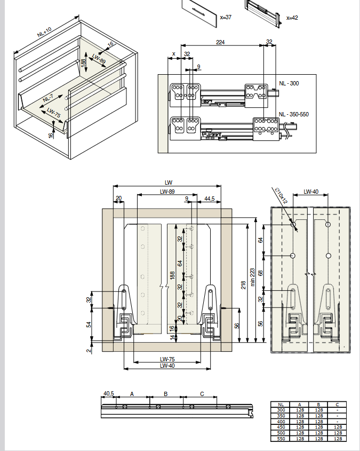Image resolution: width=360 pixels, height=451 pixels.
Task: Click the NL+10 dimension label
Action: pyautogui.click(x=44, y=32)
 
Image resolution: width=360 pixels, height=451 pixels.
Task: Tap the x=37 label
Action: pyautogui.click(x=226, y=17)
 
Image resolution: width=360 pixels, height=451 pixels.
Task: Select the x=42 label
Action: pyautogui.click(x=292, y=18)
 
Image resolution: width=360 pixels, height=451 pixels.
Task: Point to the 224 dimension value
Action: pyautogui.click(x=220, y=42)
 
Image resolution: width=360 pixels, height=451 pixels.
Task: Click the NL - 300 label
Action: pyautogui.click(x=289, y=83)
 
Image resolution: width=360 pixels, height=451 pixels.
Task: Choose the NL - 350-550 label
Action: pyautogui.click(x=294, y=114)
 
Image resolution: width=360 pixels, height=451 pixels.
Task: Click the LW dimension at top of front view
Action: pyautogui.click(x=169, y=183)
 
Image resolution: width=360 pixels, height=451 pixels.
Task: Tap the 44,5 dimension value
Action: pyautogui.click(x=210, y=199)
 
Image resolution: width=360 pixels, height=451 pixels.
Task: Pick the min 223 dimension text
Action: pyautogui.click(x=252, y=277)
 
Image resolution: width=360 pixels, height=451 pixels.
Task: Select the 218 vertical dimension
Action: pyautogui.click(x=243, y=285)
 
